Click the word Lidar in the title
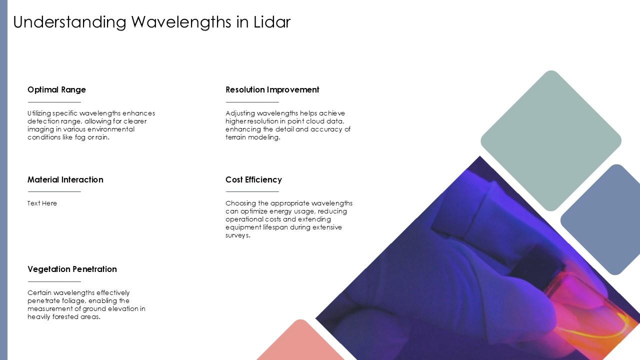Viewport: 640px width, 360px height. [x=272, y=22]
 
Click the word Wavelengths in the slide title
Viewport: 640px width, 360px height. [x=181, y=22]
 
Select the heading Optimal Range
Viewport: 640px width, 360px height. [x=56, y=89]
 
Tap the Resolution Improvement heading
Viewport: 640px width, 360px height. [x=272, y=89]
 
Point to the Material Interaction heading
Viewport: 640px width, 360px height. [x=65, y=179]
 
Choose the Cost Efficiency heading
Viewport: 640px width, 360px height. [x=253, y=179]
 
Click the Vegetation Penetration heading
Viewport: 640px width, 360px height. [x=72, y=269]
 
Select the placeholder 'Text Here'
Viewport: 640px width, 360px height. [x=42, y=203]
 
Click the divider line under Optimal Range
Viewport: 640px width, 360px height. [x=54, y=102]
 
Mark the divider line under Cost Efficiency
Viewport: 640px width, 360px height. [x=252, y=191]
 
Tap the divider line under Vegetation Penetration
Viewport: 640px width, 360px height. [x=54, y=281]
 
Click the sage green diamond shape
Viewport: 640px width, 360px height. [x=551, y=141]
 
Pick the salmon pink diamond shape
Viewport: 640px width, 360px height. [x=300, y=343]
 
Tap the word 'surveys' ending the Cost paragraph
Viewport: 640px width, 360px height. [x=237, y=235]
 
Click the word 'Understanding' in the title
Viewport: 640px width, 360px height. [x=69, y=22]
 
